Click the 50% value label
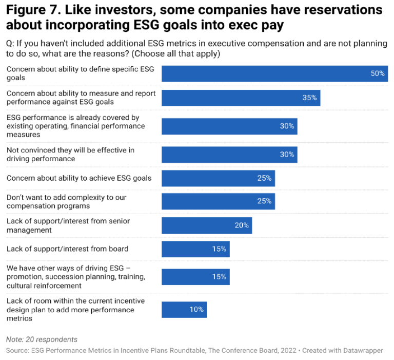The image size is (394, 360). [x=378, y=73]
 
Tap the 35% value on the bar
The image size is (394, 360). [x=309, y=98]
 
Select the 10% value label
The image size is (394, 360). [x=196, y=309]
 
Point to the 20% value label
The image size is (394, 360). [x=242, y=225]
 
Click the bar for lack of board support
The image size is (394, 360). [x=195, y=249]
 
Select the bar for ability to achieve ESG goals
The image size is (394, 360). [x=218, y=178]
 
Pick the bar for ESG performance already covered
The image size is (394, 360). [x=229, y=126]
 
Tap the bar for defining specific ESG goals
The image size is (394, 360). [x=274, y=73]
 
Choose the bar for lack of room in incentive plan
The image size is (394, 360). [x=184, y=309]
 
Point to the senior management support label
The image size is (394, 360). [x=68, y=225]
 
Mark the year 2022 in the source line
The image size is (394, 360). [x=287, y=350]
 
